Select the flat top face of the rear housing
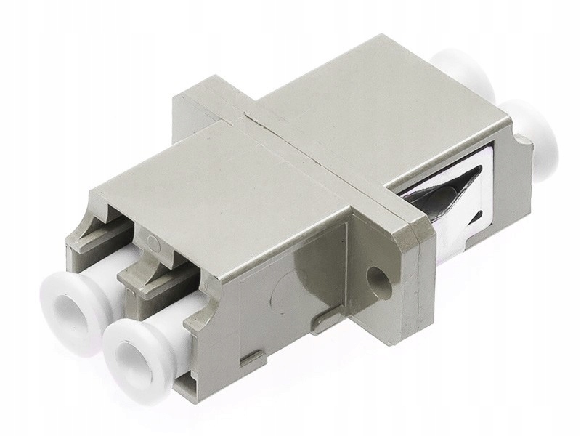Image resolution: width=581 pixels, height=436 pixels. (363, 109)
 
